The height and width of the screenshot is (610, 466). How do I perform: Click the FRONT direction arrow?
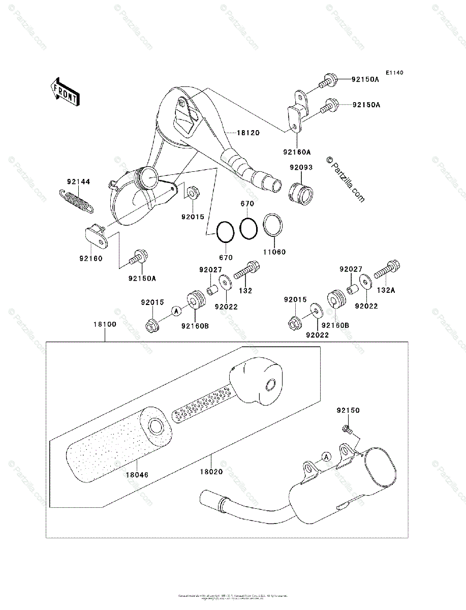64,91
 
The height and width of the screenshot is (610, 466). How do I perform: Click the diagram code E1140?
394,73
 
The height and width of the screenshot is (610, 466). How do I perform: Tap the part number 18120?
248,133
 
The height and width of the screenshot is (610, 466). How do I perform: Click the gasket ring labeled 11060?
273,225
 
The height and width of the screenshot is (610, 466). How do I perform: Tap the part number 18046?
137,474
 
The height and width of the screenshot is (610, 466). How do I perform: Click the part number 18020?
211,472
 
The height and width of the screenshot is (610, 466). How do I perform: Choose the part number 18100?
104,324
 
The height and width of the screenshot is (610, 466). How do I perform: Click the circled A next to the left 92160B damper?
176,310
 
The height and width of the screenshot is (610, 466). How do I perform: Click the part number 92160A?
297,152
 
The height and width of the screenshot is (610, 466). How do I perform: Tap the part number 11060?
274,252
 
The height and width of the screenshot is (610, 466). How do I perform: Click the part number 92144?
78,181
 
